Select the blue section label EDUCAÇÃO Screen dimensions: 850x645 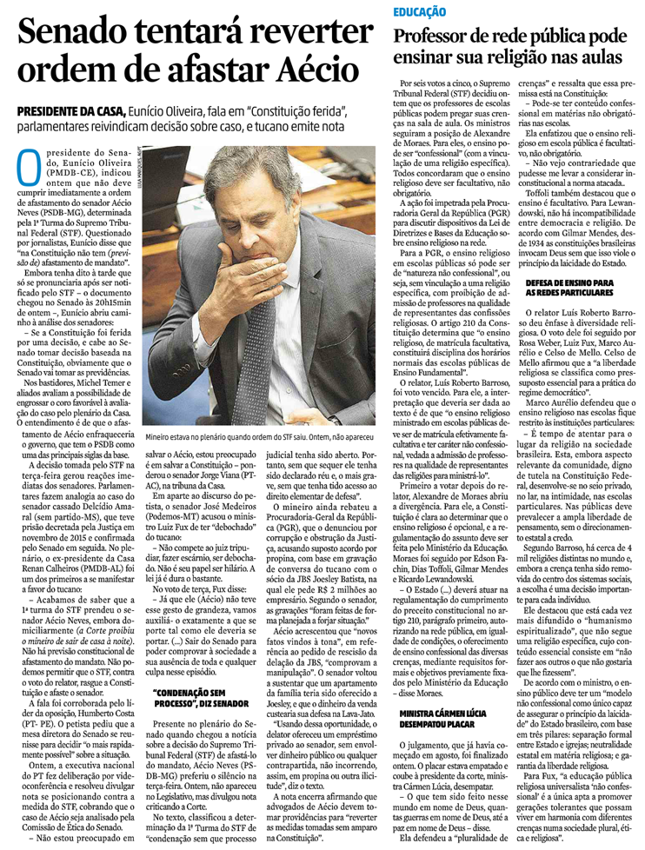point(419,12)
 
